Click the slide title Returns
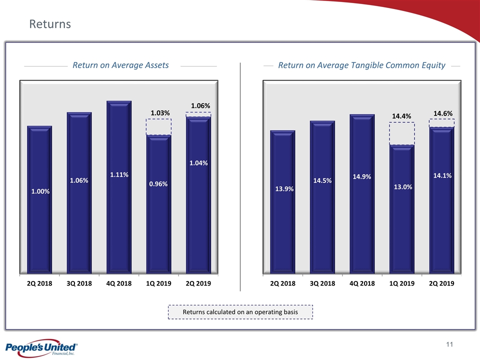click(x=50, y=24)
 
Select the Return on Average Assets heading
click(x=120, y=65)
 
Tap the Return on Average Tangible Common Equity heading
click(x=361, y=65)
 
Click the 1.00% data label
click(x=40, y=191)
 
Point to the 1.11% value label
click(x=119, y=175)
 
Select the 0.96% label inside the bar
click(x=158, y=184)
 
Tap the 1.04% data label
click(x=198, y=162)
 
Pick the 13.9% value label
click(x=283, y=189)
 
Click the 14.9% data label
click(x=362, y=177)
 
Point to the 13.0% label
click(x=402, y=187)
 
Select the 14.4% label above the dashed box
click(x=401, y=116)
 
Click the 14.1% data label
click(x=442, y=175)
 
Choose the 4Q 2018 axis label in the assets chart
click(x=119, y=283)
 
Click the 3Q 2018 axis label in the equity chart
click(x=322, y=283)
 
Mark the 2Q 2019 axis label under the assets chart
click(x=198, y=283)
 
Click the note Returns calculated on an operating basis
click(x=240, y=312)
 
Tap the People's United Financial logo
click(x=40, y=348)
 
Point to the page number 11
click(x=449, y=345)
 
